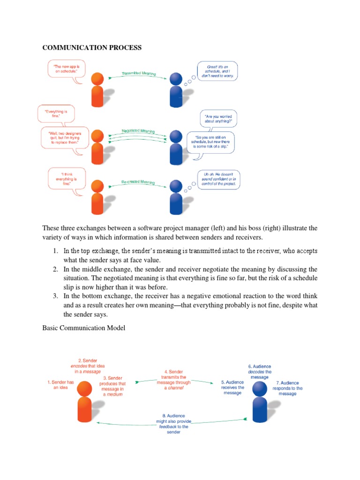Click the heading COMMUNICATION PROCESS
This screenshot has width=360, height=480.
92,47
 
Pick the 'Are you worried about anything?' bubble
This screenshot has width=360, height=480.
218,118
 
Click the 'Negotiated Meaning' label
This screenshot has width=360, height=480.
138,131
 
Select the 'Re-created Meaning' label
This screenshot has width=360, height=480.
138,182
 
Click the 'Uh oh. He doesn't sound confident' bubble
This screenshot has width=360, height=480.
219,179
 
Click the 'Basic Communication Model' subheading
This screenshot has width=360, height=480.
84,328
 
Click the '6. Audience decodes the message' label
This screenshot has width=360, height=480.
260,372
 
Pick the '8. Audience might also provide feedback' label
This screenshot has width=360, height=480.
173,424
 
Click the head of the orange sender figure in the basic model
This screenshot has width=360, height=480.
84,388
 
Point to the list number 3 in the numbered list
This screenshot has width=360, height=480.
55,296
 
